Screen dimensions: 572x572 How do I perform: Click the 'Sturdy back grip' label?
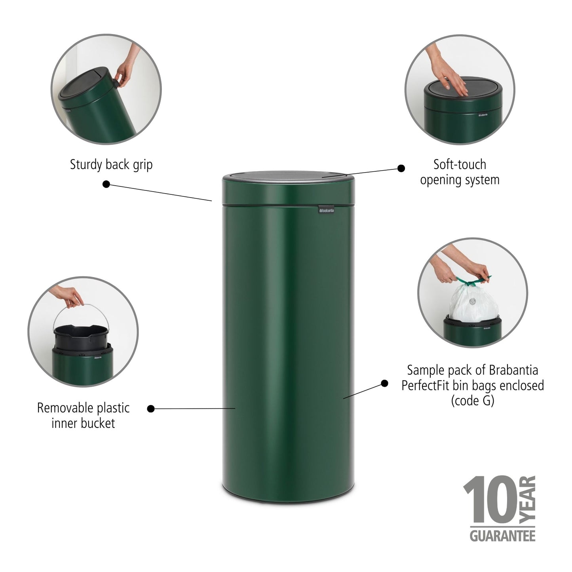pos(111,165)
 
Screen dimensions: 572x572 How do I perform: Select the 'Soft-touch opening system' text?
pos(460,172)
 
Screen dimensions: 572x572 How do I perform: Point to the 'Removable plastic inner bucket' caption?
pos(83,415)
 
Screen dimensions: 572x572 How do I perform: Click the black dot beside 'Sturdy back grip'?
pos(106,184)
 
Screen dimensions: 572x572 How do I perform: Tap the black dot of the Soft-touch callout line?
pos(401,168)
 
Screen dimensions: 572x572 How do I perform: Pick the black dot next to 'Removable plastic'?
pos(151,409)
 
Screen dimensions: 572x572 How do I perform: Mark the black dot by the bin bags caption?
pos(384,383)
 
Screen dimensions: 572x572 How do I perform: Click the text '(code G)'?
pos(472,401)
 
